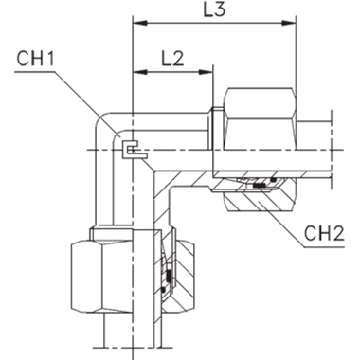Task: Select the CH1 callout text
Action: [35, 61]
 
